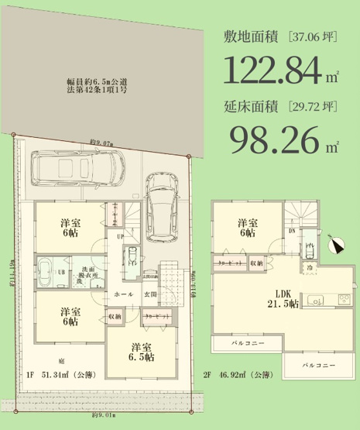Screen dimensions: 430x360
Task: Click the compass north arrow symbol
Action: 334,246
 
